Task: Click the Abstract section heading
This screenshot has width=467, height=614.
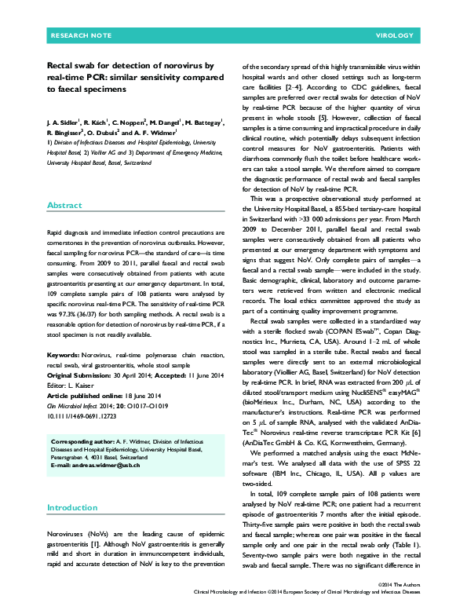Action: point(64,204)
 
